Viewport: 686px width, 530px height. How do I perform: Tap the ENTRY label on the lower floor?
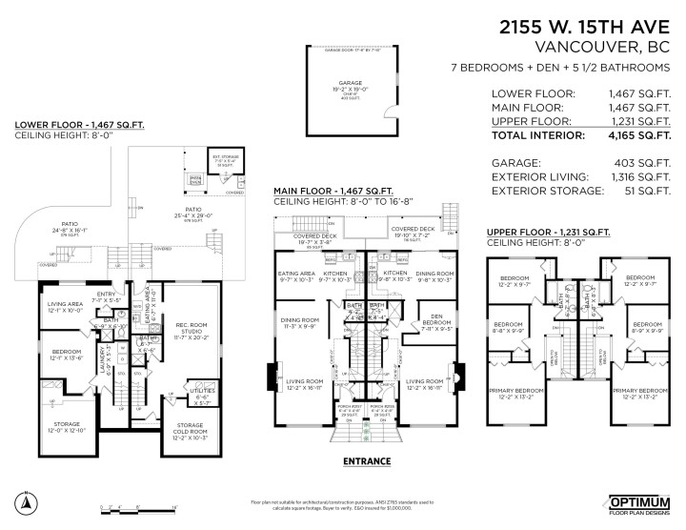108,295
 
